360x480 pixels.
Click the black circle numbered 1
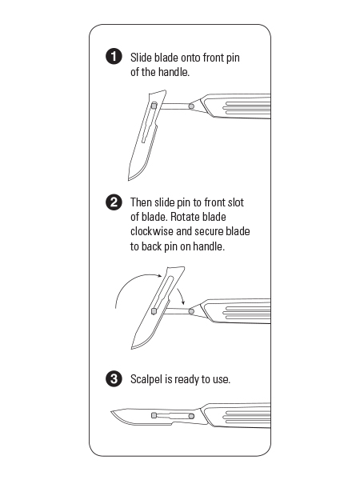click(114, 57)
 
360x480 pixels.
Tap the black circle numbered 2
click(114, 202)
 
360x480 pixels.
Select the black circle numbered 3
click(114, 379)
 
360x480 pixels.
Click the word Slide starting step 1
click(141, 58)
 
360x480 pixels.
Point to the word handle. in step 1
click(174, 72)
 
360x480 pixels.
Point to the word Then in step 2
click(141, 202)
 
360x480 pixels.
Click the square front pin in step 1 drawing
click(154, 106)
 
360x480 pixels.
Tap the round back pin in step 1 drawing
click(191, 106)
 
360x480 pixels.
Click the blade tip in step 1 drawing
click(129, 179)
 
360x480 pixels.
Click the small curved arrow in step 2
click(181, 294)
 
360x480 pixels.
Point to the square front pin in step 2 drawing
click(154, 311)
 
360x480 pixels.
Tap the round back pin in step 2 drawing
click(191, 311)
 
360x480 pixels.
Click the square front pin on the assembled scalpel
click(154, 415)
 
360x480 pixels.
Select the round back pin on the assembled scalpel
click(191, 416)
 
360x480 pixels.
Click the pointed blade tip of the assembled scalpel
click(111, 412)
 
